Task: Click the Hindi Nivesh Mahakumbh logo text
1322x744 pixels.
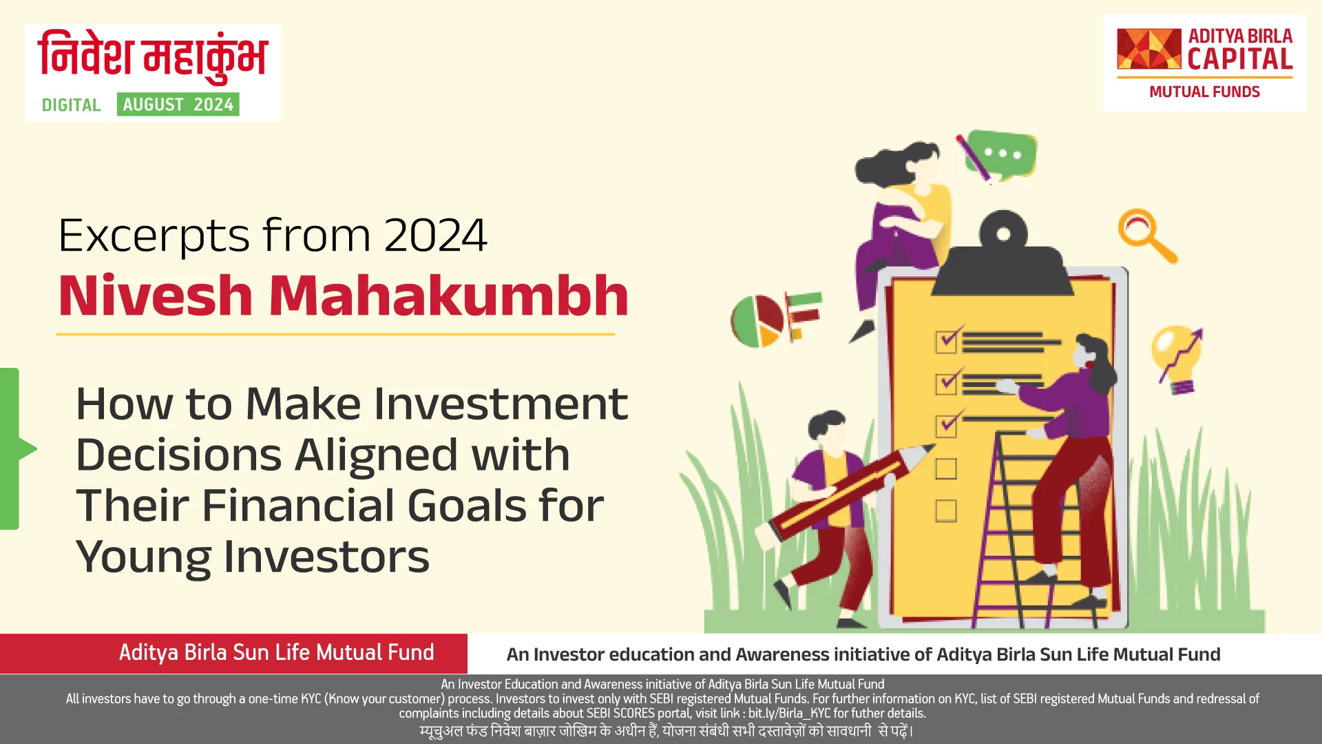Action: tap(153, 56)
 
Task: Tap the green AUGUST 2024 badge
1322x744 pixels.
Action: tap(178, 105)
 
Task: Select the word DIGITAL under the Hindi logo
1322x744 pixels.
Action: tap(71, 105)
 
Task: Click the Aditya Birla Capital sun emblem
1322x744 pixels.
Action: tap(1148, 49)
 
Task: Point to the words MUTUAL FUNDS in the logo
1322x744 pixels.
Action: tap(1204, 92)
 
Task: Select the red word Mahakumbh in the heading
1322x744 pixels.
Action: tap(448, 296)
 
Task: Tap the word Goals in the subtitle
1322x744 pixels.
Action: tap(468, 505)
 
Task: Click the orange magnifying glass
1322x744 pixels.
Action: tap(1144, 234)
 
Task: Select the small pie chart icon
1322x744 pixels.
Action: tap(757, 321)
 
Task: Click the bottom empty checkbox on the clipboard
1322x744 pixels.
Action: tap(945, 510)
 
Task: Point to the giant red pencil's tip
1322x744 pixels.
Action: tap(924, 451)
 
